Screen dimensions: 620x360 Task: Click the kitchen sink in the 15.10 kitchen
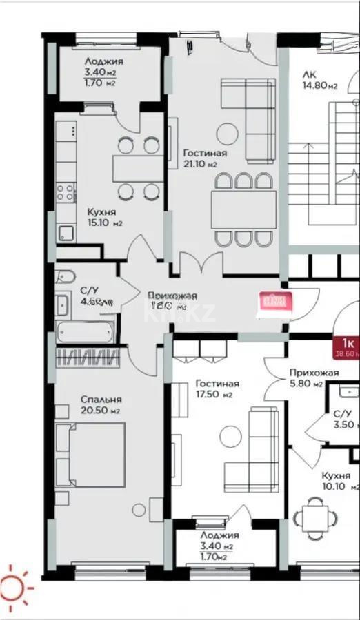[x=67, y=233]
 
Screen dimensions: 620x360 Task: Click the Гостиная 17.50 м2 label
[x=217, y=389]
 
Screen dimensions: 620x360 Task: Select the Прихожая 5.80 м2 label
[x=314, y=378]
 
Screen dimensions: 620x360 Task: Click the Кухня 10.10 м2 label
[x=336, y=481]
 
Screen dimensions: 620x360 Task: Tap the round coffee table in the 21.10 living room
[x=228, y=132]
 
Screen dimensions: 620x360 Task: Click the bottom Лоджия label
[x=219, y=535]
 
